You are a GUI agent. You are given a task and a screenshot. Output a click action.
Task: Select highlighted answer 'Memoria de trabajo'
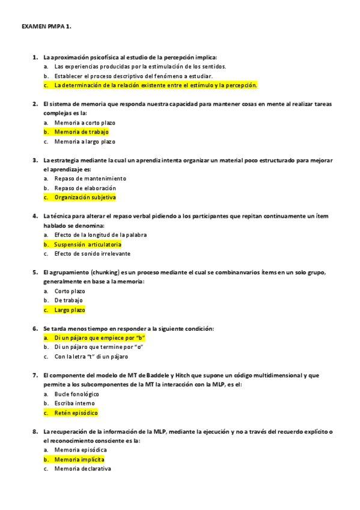pos(81,132)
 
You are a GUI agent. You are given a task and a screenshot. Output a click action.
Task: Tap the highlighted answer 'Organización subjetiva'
pos(85,197)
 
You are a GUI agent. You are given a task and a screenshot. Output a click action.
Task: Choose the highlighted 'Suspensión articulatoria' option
pos(87,245)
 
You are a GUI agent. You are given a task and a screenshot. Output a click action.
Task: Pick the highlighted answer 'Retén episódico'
pos(76,413)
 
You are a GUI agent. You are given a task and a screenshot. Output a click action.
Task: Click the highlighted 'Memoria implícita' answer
pos(79,459)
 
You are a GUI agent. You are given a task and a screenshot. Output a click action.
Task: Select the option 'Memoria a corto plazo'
pos(85,122)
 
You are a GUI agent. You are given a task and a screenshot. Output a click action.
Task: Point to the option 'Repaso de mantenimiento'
pos(90,179)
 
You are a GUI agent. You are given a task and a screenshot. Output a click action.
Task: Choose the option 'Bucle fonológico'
pos(76,394)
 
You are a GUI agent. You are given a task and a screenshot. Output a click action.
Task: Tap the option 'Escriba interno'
pos(75,404)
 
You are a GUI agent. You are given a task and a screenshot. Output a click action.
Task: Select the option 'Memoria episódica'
pos(81,450)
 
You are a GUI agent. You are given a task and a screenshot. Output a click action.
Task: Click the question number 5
pos(35,272)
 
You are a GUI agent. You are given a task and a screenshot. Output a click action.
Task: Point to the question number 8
pos(35,431)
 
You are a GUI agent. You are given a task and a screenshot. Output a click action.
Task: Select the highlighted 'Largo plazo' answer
pos(70,310)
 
